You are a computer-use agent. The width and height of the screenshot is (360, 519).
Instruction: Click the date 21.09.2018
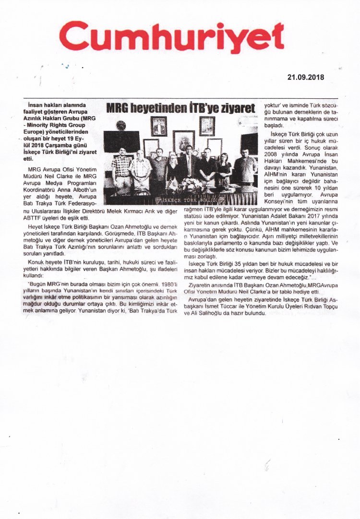(x=306, y=77)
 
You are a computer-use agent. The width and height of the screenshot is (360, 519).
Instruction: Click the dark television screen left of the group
(x=121, y=141)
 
